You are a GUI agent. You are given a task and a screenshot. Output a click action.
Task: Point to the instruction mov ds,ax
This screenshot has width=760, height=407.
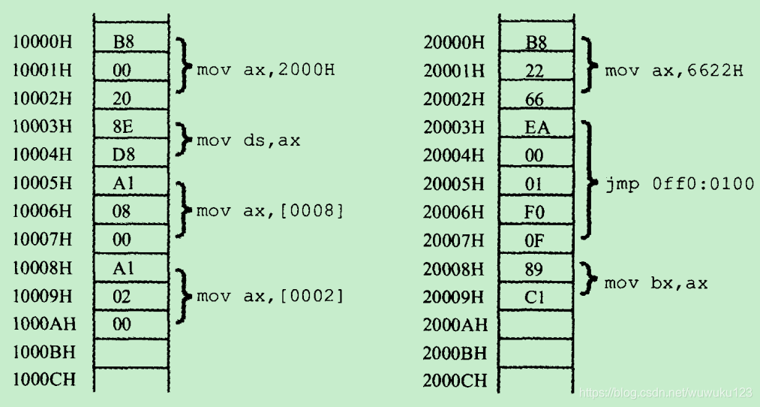[248, 140]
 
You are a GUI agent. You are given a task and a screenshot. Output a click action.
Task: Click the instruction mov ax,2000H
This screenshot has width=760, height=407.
[265, 71]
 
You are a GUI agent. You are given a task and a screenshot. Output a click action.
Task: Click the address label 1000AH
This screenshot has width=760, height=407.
[44, 324]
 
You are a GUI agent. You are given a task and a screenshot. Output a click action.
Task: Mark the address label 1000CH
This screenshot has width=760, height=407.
[44, 381]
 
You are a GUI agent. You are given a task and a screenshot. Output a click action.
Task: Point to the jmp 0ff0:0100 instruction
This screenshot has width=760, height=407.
[679, 184]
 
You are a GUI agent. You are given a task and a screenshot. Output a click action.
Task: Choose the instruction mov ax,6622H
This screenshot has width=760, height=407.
[674, 71]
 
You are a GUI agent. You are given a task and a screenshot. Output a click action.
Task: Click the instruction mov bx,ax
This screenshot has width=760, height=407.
[656, 283]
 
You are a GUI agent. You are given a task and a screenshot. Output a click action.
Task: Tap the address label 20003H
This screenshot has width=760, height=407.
[454, 128]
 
